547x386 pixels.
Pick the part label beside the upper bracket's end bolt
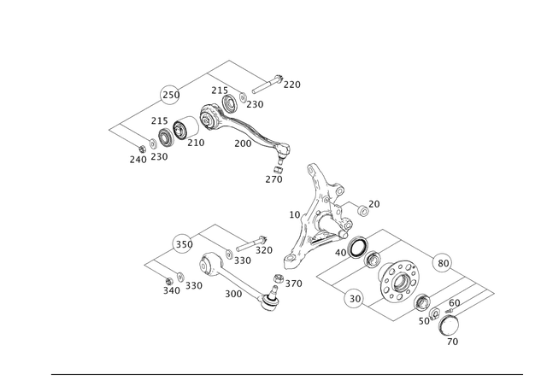pos(292,84)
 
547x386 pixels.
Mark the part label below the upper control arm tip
pos(273,179)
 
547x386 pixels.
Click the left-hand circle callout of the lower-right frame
pos(350,299)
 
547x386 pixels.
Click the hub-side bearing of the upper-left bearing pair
pos(181,132)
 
